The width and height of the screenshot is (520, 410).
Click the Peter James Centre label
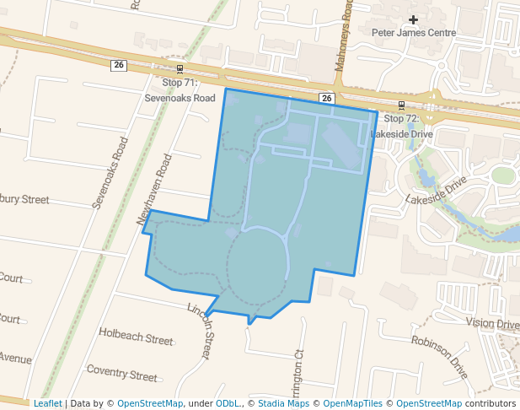[x=414, y=33]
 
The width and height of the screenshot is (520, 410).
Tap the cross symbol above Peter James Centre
[x=413, y=19]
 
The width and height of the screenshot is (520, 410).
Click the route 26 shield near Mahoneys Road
[x=326, y=99]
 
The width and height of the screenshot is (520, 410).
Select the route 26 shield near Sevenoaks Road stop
[x=119, y=66]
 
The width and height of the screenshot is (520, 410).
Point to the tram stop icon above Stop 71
[x=180, y=69]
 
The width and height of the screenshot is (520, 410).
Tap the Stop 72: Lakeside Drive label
[x=401, y=127]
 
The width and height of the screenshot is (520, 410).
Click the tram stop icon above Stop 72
[x=401, y=105]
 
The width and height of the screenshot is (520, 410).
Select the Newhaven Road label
[x=154, y=189]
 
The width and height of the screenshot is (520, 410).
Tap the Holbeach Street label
[x=135, y=337]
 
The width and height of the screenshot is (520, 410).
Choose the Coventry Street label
[x=121, y=372]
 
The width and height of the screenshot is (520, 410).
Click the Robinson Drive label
[x=439, y=356]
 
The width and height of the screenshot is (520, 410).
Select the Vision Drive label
[x=492, y=324]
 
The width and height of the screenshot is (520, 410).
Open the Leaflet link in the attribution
[x=47, y=403]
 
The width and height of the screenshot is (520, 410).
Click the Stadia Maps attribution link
[x=283, y=403]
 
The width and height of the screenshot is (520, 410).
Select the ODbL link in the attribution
[x=228, y=403]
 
